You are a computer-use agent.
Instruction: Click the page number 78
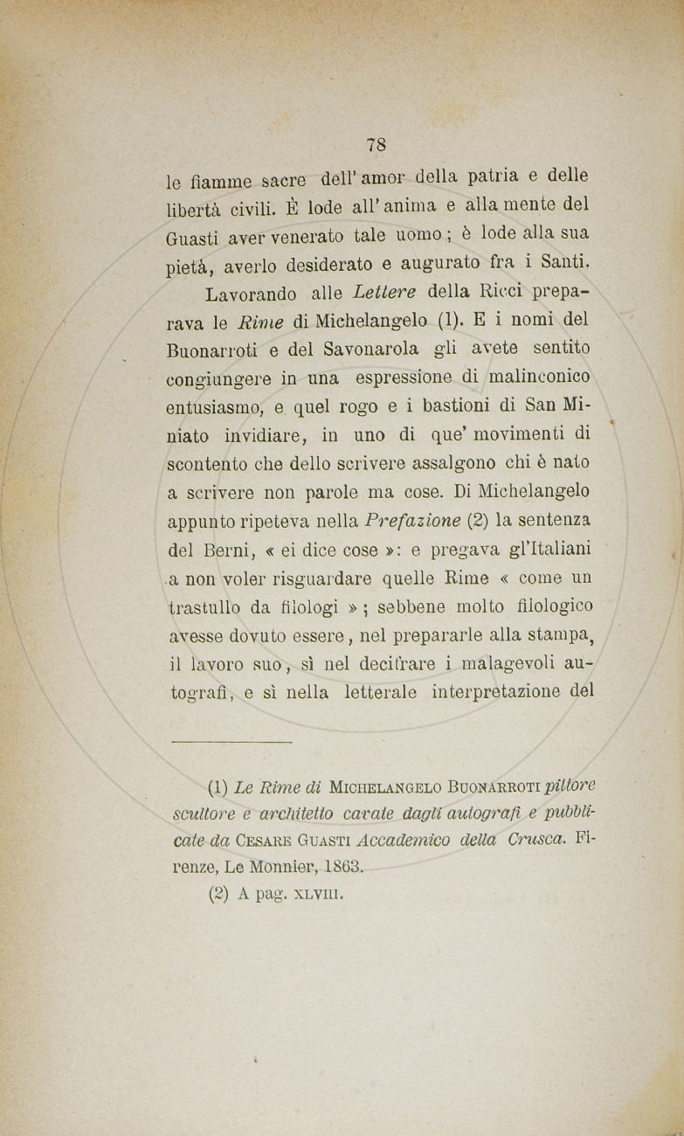point(377,143)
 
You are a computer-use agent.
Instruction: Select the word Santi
point(565,261)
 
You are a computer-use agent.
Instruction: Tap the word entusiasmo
point(215,407)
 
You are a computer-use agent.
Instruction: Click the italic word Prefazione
point(414,521)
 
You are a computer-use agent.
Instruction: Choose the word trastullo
point(207,608)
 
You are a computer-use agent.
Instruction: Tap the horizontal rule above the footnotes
point(230,742)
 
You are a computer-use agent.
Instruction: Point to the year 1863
point(336,868)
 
